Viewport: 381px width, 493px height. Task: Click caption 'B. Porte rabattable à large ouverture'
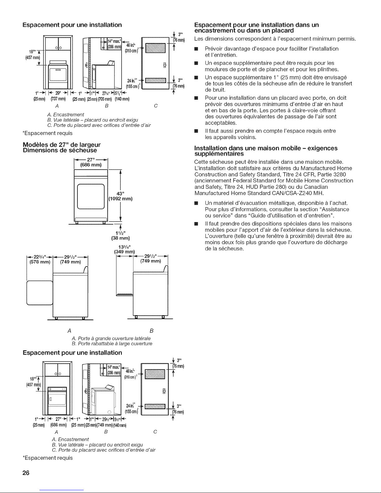tap(112, 344)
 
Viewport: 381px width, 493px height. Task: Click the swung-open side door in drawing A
tap(40, 293)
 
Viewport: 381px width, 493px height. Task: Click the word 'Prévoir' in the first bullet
tap(214, 49)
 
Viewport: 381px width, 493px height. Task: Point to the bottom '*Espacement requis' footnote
tap(48, 458)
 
